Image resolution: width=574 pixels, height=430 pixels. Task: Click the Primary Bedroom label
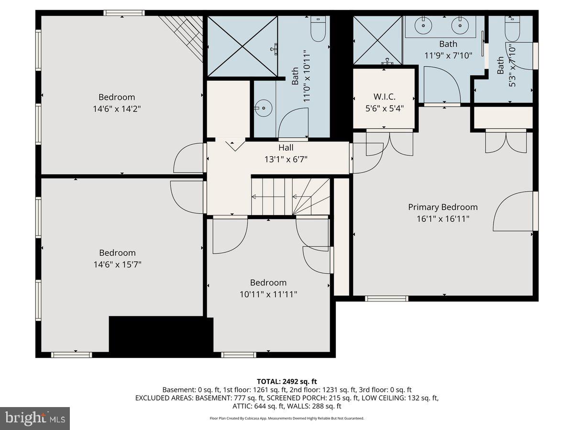[x=442, y=207]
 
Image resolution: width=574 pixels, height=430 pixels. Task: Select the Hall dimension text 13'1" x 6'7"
[x=286, y=159]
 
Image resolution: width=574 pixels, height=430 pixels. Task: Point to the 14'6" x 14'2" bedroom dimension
[x=117, y=108]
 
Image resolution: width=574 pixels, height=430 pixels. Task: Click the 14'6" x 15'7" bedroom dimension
[x=117, y=264]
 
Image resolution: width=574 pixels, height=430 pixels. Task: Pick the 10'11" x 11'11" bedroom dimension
[x=268, y=294]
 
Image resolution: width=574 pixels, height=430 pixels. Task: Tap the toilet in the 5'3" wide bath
[x=512, y=29]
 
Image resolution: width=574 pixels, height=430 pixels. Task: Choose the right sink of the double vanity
[x=460, y=26]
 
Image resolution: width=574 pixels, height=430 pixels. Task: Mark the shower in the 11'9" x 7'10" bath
[x=377, y=40]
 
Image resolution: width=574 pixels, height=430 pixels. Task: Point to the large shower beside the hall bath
[x=243, y=46]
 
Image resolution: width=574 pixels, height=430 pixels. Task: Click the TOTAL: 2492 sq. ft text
[x=287, y=381]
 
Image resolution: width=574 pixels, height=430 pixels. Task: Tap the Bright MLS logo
[x=35, y=419]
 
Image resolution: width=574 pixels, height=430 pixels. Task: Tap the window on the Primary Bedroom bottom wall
[x=386, y=299]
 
